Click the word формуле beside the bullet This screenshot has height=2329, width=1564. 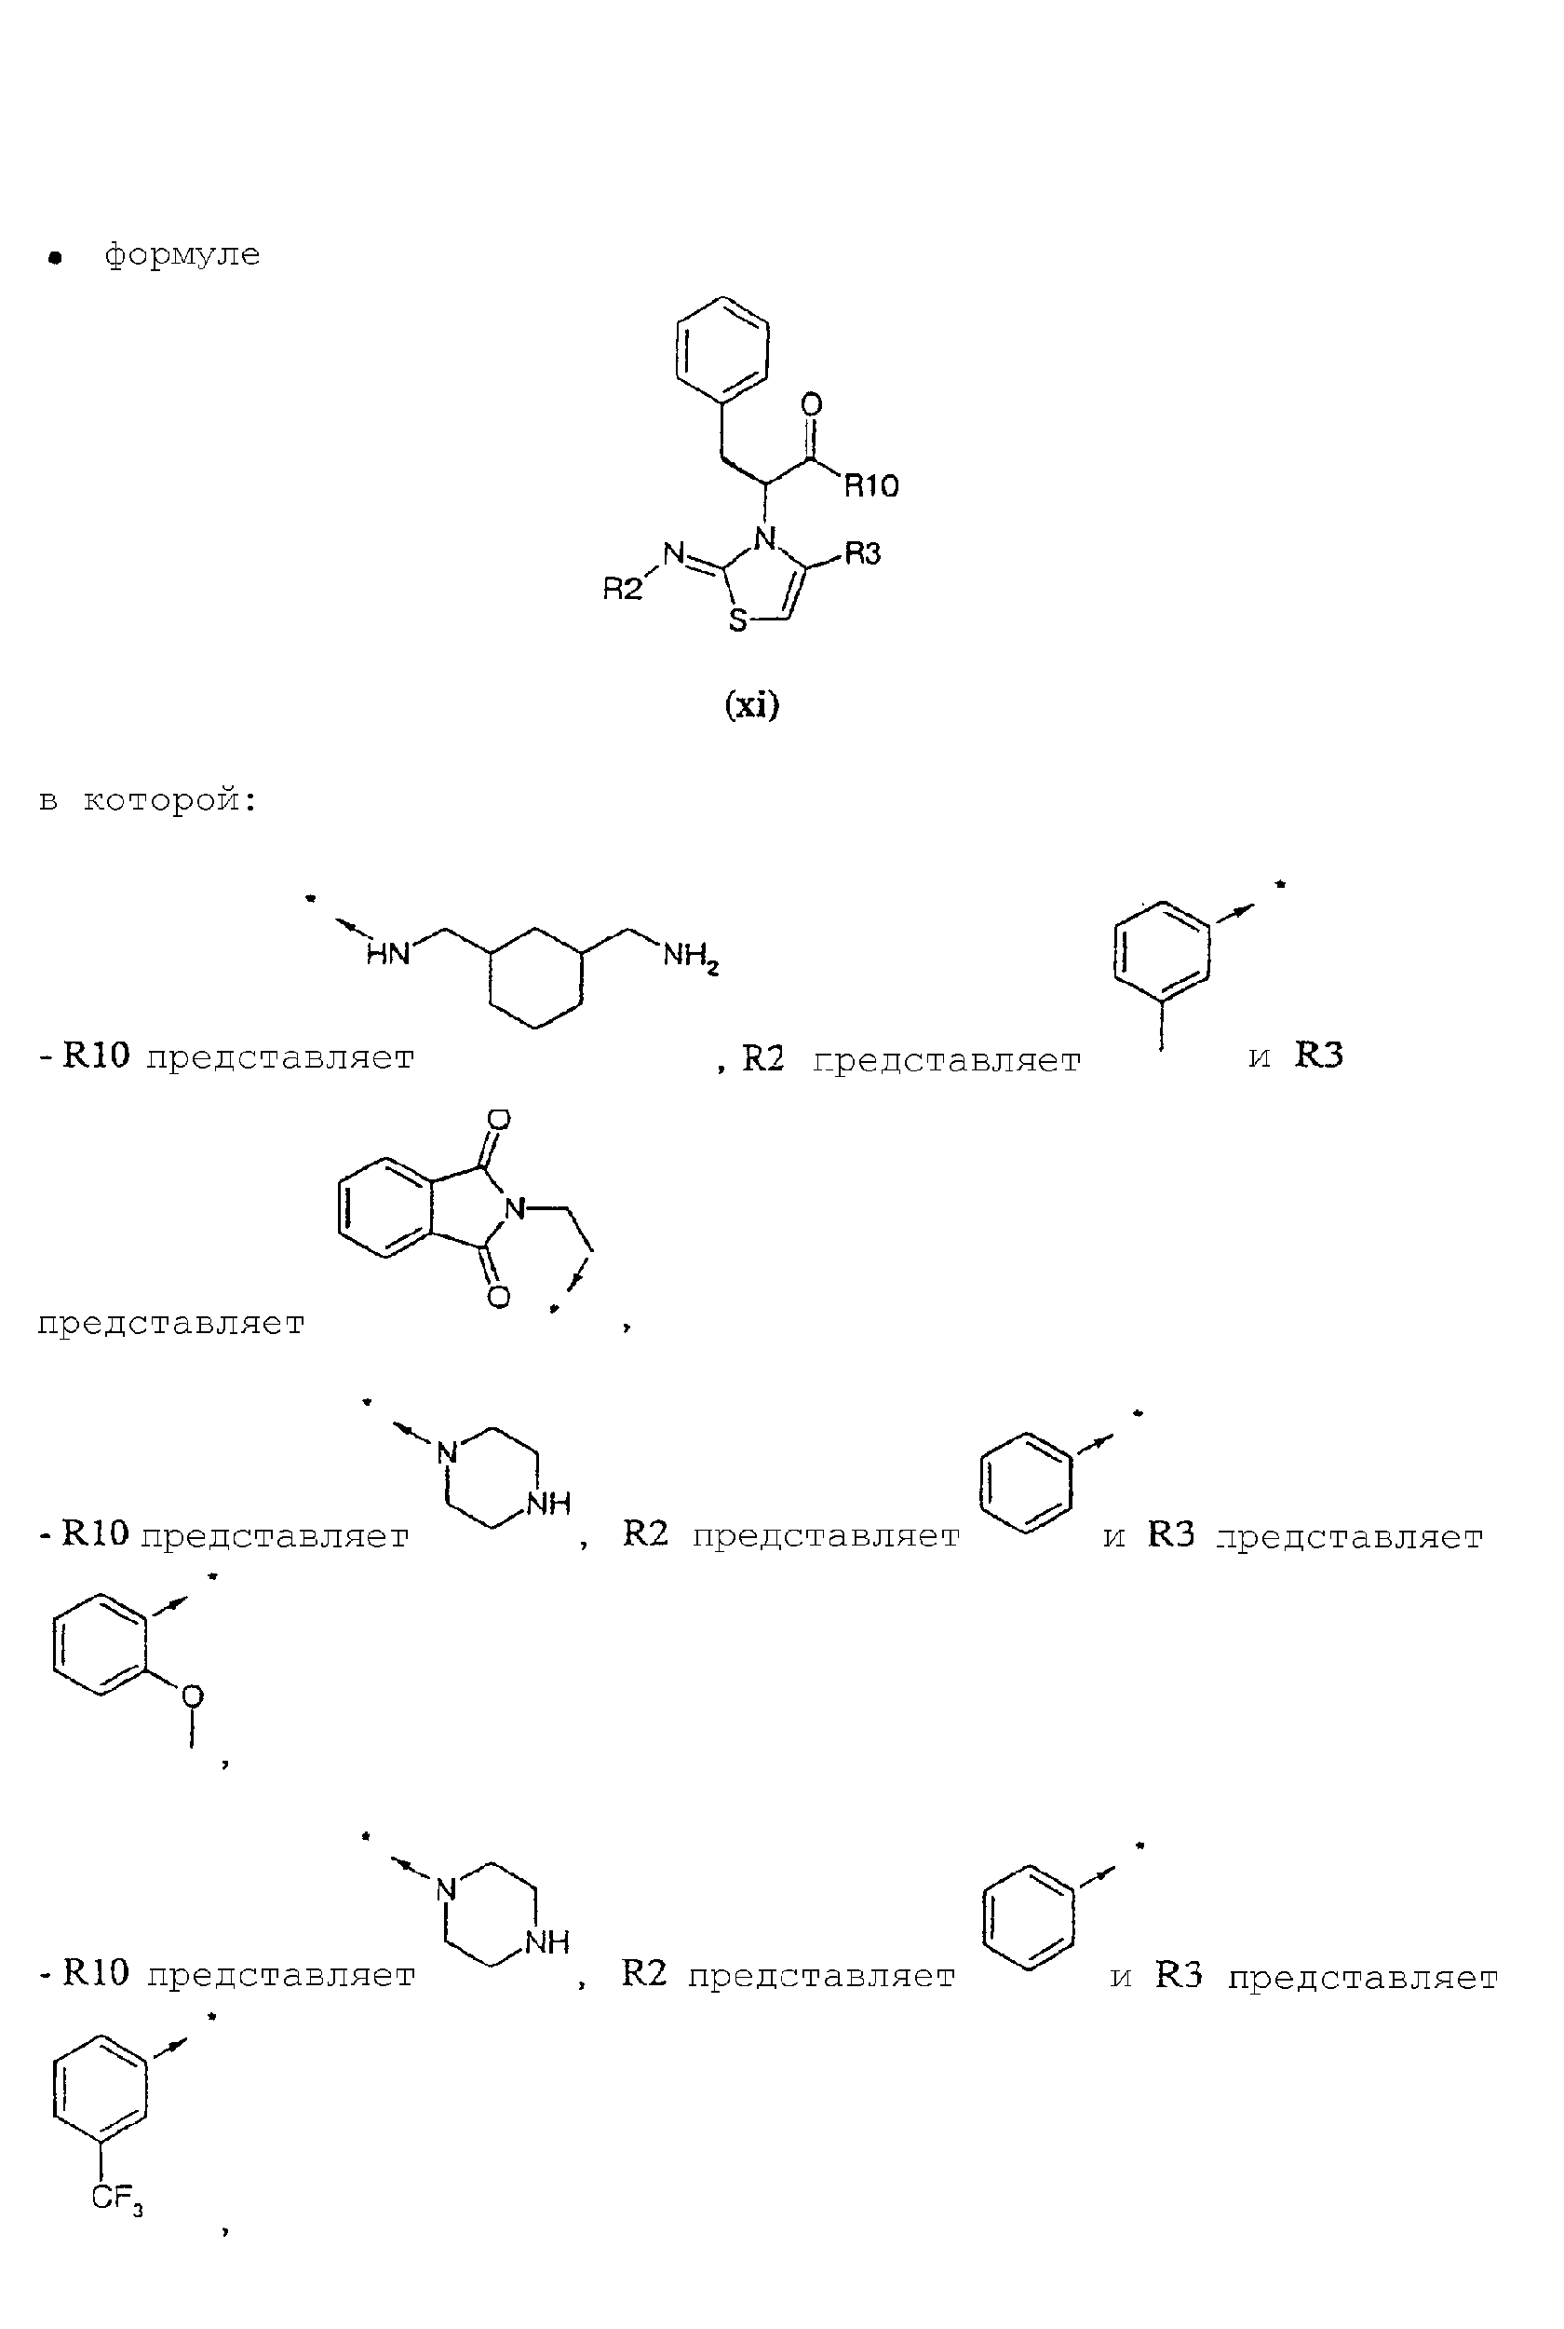pyautogui.click(x=182, y=254)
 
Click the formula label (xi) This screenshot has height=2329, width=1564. pyautogui.click(x=752, y=705)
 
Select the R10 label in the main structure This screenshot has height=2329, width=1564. pyautogui.click(x=871, y=486)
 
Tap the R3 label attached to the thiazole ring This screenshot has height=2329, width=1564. pyautogui.click(x=863, y=552)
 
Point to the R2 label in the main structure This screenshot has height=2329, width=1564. pyautogui.click(x=623, y=589)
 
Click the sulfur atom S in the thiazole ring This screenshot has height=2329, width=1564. pyautogui.click(x=737, y=621)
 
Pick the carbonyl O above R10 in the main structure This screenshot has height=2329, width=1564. pyautogui.click(x=812, y=404)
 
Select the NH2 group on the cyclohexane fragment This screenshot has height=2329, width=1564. pyautogui.click(x=690, y=958)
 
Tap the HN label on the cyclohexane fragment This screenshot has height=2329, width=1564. pyautogui.click(x=388, y=954)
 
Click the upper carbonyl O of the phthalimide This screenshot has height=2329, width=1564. pyautogui.click(x=499, y=1120)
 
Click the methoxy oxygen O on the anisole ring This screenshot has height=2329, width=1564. pyautogui.click(x=193, y=1696)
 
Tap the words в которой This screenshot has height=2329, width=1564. pyautogui.click(x=148, y=800)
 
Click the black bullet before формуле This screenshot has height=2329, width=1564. pyautogui.click(x=56, y=258)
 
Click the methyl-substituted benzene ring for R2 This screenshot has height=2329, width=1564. pyautogui.click(x=1162, y=950)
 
